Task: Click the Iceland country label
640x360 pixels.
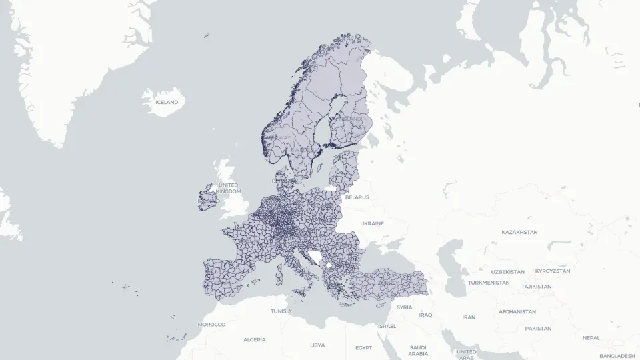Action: pyautogui.click(x=167, y=102)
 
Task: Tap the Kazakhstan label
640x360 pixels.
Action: pyautogui.click(x=519, y=232)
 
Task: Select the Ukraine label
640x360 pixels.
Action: pyautogui.click(x=372, y=223)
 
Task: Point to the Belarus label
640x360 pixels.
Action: pyautogui.click(x=357, y=197)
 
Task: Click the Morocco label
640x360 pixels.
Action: pyautogui.click(x=211, y=324)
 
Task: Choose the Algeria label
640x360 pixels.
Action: pyautogui.click(x=254, y=339)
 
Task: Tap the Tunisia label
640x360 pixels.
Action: pyautogui.click(x=281, y=311)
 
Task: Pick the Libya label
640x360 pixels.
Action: pyautogui.click(x=317, y=345)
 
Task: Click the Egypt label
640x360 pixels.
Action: pyautogui.click(x=363, y=347)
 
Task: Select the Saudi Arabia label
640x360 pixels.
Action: pyautogui.click(x=418, y=351)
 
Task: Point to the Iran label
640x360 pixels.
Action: pyautogui.click(x=469, y=317)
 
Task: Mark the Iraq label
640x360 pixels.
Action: pyautogui.click(x=425, y=315)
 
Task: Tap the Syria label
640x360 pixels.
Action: pyautogui.click(x=404, y=307)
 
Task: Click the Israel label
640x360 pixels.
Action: pyautogui.click(x=387, y=326)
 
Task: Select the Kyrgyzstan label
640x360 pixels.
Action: pyautogui.click(x=553, y=271)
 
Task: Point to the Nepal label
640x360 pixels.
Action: pyautogui.click(x=591, y=337)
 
